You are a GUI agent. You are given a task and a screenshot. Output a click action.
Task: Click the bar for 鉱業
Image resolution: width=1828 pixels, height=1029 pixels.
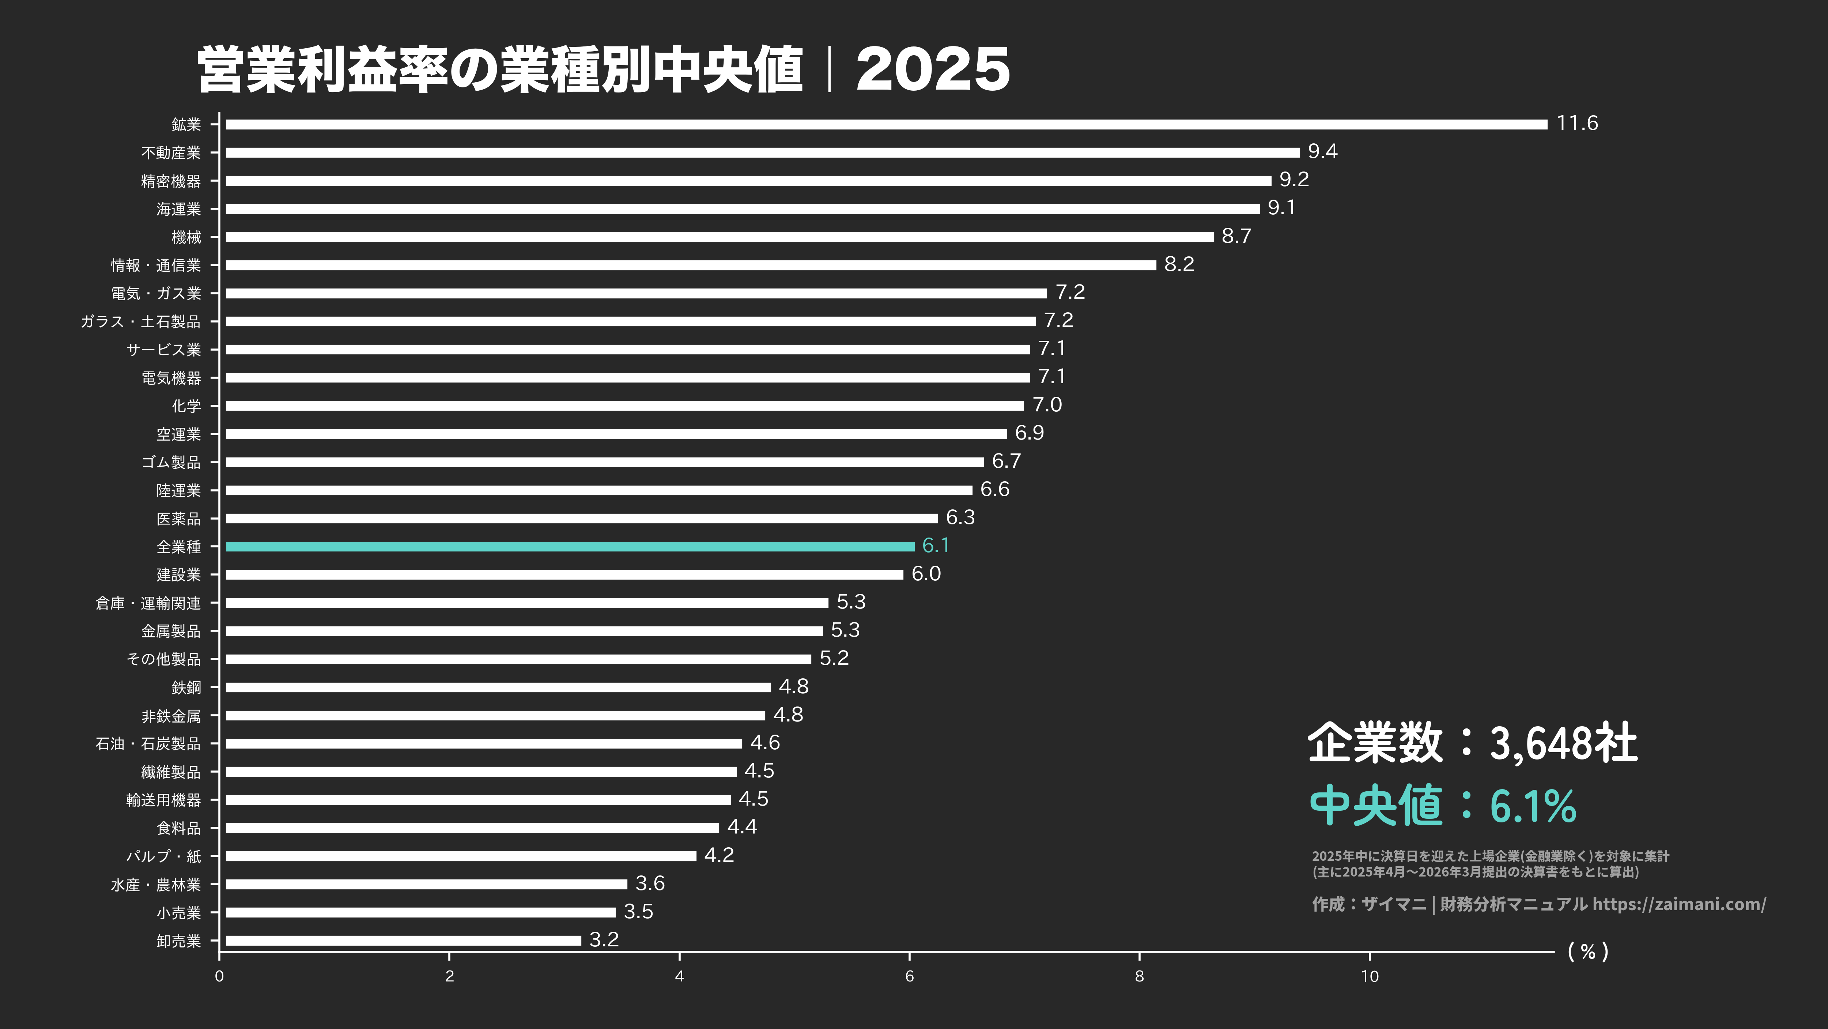pos(885,124)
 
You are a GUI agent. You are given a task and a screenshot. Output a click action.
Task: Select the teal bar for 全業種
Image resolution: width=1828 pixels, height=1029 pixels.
pos(570,546)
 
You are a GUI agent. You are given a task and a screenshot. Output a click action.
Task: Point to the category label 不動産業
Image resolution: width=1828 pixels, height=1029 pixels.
pos(171,152)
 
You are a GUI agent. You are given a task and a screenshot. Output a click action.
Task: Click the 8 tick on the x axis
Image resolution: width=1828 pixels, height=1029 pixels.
pos(1139,976)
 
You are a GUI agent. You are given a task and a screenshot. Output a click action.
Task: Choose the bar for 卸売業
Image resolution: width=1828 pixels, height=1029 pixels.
pos(403,940)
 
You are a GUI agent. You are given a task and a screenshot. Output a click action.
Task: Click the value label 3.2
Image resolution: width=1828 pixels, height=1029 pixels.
pos(604,939)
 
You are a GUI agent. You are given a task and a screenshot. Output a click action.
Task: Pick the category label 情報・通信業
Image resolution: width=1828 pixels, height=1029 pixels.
pos(156,265)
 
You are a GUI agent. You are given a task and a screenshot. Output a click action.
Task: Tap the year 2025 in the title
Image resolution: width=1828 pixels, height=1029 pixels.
pos(932,69)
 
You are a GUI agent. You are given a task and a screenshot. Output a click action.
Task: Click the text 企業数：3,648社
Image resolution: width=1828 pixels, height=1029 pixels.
pos(1473,743)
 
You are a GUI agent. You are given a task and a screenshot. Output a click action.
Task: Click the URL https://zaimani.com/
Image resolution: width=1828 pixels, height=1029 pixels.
pos(1679,904)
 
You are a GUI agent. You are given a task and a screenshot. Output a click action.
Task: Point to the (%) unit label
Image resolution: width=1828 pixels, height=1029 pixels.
pos(1587,951)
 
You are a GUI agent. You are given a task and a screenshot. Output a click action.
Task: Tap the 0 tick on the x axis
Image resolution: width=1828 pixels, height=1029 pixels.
pos(219,976)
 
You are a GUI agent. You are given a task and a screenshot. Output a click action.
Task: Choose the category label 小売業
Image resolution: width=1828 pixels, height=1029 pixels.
pos(179,913)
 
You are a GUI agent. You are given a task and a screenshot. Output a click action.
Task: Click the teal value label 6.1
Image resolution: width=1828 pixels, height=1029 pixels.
pos(935,546)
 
